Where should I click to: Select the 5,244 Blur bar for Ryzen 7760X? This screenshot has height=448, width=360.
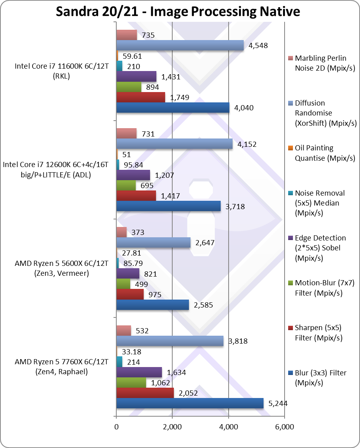click(190, 403)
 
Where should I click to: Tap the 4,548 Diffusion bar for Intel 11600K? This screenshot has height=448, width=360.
click(180, 45)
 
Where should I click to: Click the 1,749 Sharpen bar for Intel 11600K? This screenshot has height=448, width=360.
click(141, 97)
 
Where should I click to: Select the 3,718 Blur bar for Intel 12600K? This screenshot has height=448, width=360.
click(168, 206)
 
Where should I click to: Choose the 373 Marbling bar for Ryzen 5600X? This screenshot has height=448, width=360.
click(121, 232)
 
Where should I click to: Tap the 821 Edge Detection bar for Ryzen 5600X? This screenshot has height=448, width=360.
click(128, 273)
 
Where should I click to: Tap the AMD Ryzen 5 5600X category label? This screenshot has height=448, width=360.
click(58, 268)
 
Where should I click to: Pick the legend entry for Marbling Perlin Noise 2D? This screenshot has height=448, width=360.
click(320, 63)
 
